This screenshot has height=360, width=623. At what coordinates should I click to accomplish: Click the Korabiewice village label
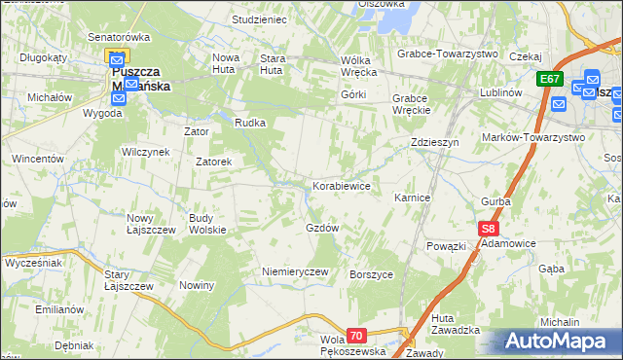pyautogui.click(x=341, y=185)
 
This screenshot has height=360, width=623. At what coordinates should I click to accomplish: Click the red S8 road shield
pyautogui.click(x=489, y=230)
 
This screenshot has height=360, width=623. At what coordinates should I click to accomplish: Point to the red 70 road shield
pyautogui.click(x=356, y=336)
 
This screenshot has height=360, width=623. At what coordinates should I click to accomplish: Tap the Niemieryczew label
pyautogui.click(x=295, y=271)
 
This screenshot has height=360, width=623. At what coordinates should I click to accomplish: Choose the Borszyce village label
pyautogui.click(x=371, y=275)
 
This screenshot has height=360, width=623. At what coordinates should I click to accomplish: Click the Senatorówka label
pyautogui.click(x=119, y=37)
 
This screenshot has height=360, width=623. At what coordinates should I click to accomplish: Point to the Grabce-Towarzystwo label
pyautogui.click(x=448, y=54)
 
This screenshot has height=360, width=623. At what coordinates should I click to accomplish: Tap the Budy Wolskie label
pyautogui.click(x=207, y=224)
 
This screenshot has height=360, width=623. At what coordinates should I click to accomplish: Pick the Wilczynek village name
pyautogui.click(x=146, y=152)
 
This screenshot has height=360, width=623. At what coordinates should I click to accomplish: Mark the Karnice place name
pyautogui.click(x=412, y=197)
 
